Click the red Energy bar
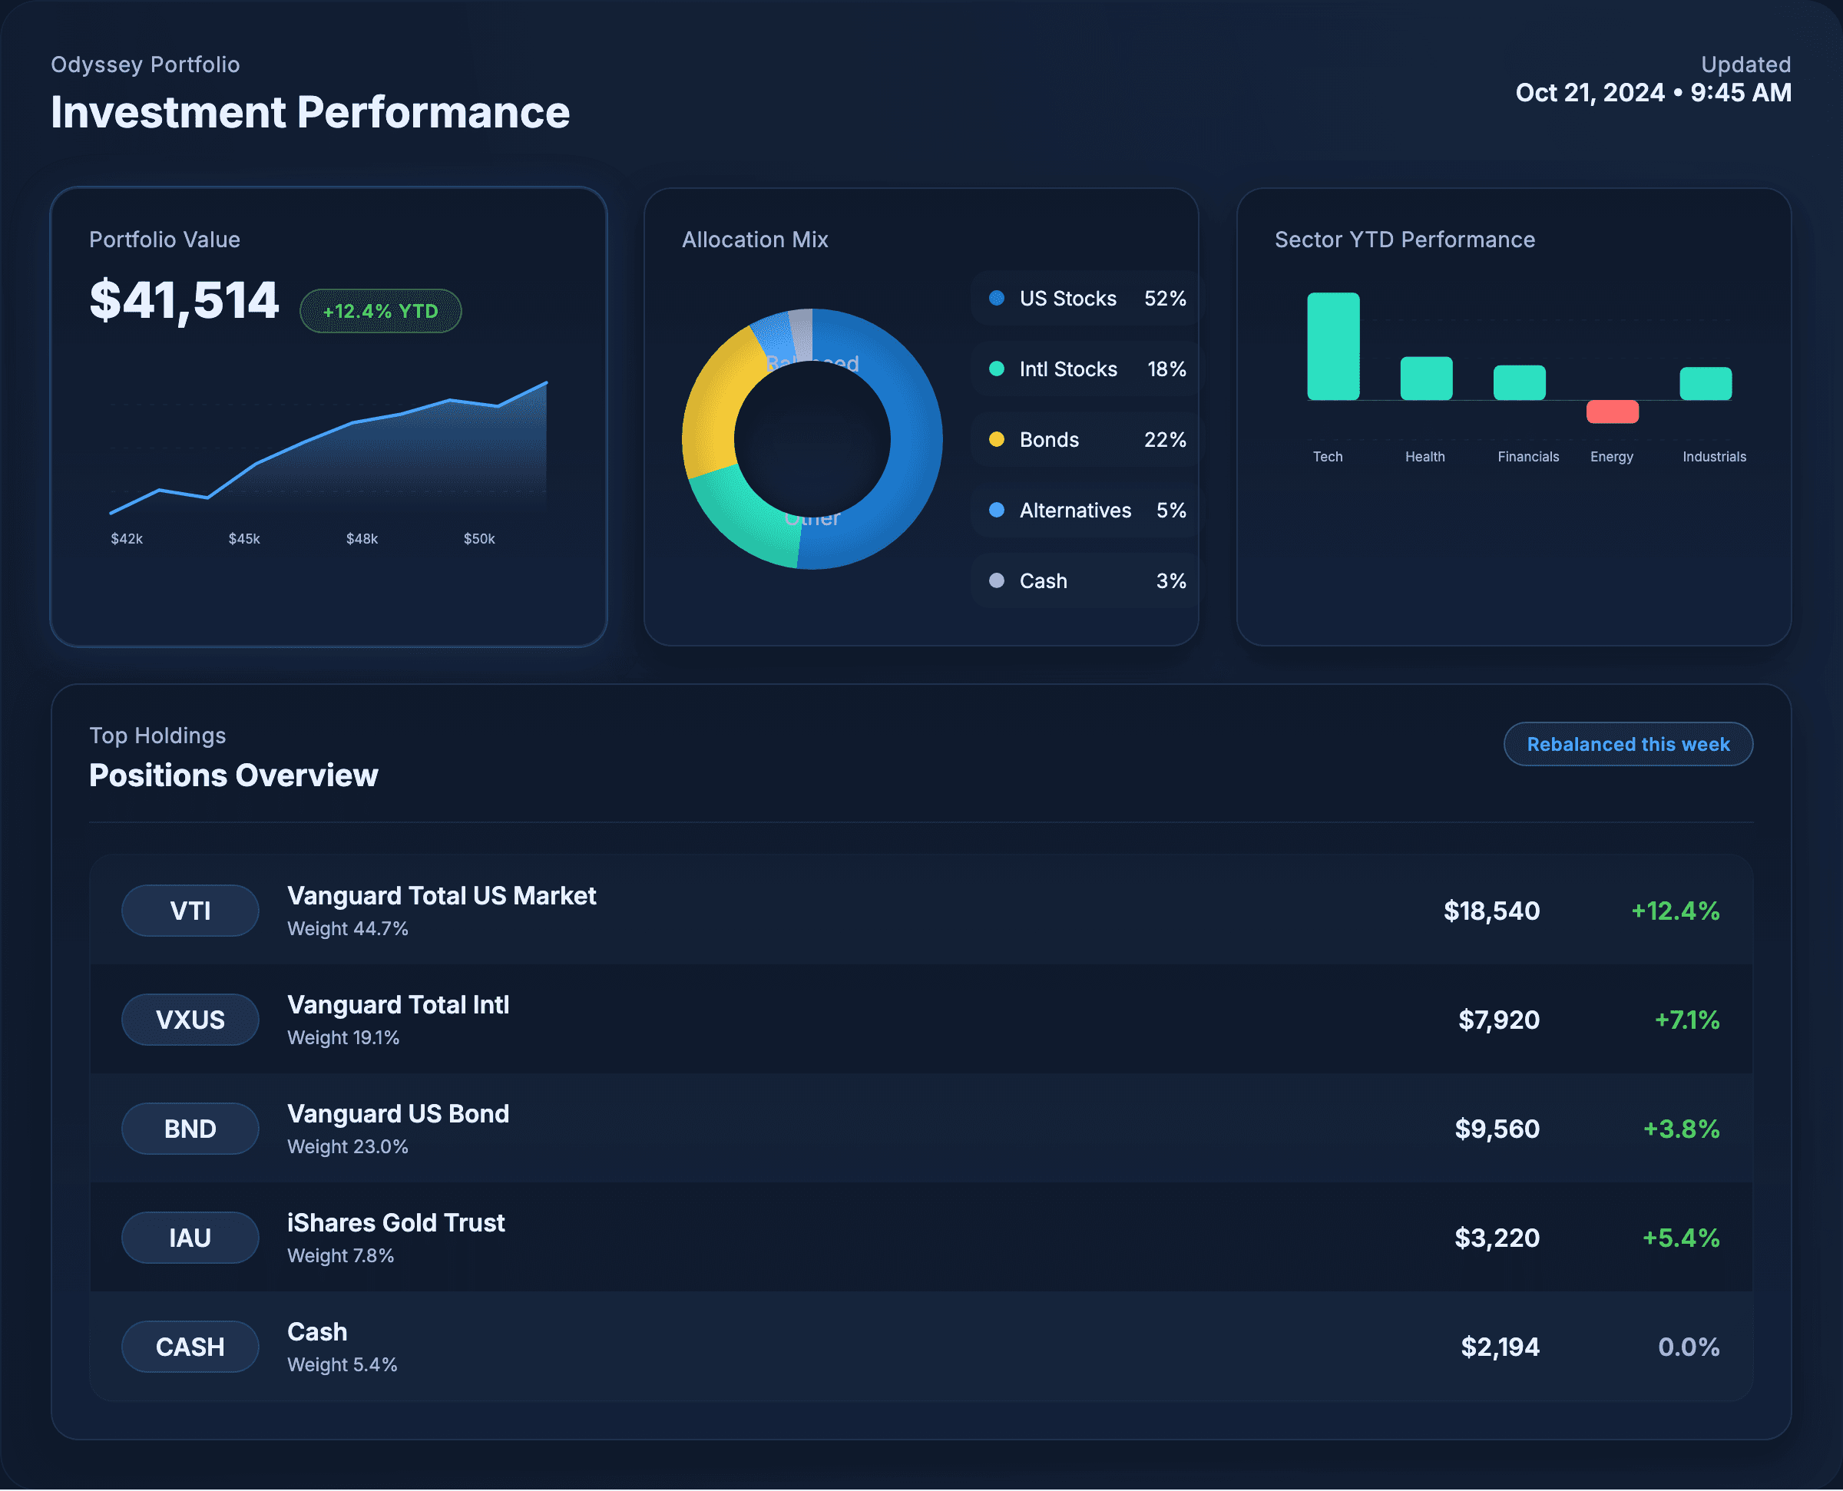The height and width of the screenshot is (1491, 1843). (1612, 412)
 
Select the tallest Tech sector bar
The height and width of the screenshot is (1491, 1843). (1333, 346)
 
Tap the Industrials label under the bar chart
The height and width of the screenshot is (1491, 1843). (1713, 457)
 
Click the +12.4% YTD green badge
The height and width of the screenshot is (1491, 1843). (380, 311)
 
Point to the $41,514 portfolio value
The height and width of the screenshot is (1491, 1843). (184, 301)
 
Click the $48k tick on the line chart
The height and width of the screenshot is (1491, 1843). (362, 538)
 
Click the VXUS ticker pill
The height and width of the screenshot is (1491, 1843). (190, 1020)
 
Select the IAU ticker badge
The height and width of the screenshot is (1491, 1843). (190, 1238)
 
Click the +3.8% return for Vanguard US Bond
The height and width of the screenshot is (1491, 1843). (1681, 1129)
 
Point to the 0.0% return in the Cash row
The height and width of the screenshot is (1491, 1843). (1688, 1347)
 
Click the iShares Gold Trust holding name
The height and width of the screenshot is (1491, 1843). (396, 1222)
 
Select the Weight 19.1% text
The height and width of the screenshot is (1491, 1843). (343, 1037)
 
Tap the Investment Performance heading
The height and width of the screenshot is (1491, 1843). (310, 113)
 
